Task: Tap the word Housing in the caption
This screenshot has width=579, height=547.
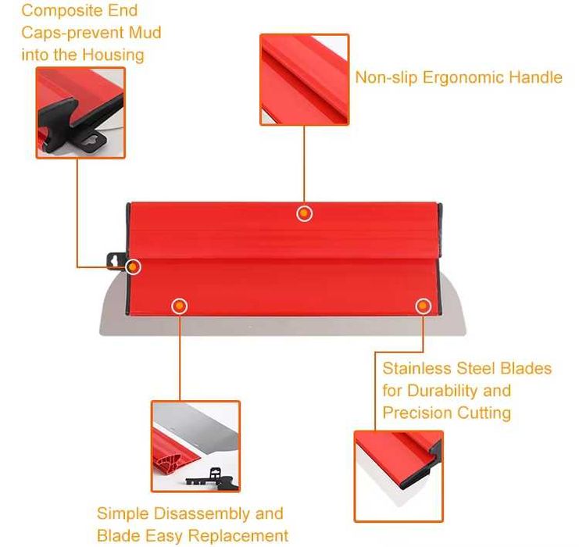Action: [x=113, y=55]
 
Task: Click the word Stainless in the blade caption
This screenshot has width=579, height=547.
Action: [x=417, y=368]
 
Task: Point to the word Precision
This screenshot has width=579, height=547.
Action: [x=417, y=413]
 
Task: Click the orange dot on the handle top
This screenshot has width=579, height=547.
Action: [x=304, y=213]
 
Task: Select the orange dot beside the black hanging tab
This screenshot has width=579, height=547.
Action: [x=133, y=266]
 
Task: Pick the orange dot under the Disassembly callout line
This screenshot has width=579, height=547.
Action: [x=180, y=306]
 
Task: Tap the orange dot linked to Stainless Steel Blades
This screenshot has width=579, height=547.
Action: [x=424, y=306]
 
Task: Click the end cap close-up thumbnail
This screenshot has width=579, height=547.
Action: [x=80, y=113]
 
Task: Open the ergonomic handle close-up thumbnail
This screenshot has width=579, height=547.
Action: [x=304, y=80]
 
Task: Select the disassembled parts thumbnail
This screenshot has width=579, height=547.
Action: [x=195, y=446]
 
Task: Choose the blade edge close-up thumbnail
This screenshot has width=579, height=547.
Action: [x=399, y=476]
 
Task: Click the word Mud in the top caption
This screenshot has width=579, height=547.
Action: [x=145, y=33]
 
